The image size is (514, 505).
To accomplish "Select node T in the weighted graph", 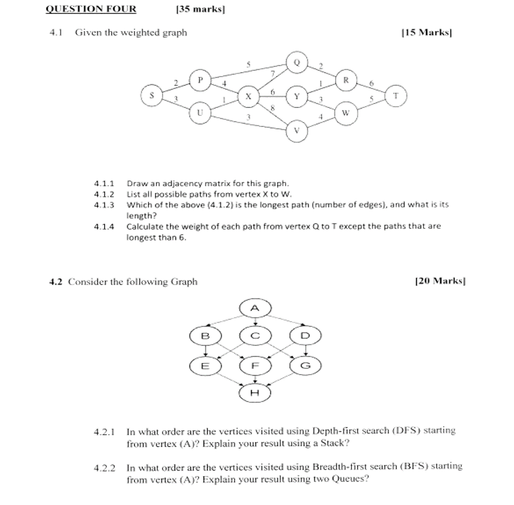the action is (396, 95).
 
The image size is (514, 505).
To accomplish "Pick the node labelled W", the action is (346, 112).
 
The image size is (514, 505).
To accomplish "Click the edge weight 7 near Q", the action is (273, 74).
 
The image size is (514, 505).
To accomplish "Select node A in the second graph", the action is (255, 308).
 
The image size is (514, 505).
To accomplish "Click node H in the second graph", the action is (255, 393).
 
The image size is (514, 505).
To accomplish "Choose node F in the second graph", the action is (255, 366).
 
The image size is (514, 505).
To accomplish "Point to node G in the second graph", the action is (305, 366).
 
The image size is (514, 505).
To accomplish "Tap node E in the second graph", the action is (205, 366).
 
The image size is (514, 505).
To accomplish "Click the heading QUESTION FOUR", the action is (91, 8).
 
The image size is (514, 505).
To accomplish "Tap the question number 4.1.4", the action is (104, 226).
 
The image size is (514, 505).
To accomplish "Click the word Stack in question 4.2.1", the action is (335, 443).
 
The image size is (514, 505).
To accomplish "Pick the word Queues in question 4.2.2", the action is (350, 479).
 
